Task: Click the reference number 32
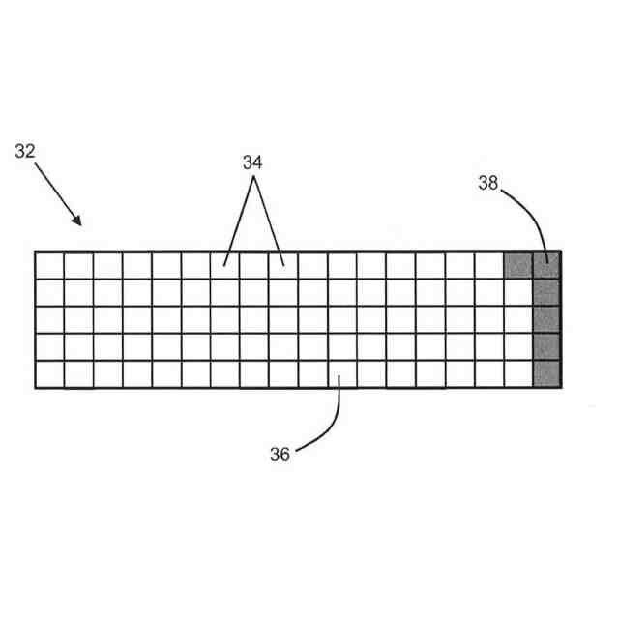[x=27, y=151]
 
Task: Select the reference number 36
[x=280, y=455]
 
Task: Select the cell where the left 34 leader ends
[x=225, y=265]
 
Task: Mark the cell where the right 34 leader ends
[x=283, y=265]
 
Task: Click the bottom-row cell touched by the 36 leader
[x=342, y=374]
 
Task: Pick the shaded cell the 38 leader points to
[x=546, y=265]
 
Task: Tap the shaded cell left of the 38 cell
[x=518, y=265]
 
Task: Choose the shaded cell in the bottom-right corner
[x=546, y=374]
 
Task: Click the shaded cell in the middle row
[x=546, y=319]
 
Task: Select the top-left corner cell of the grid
[x=49, y=265]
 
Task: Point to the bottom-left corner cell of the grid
[x=49, y=374]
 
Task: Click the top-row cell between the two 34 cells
[x=254, y=265]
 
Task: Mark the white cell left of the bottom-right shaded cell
[x=518, y=374]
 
